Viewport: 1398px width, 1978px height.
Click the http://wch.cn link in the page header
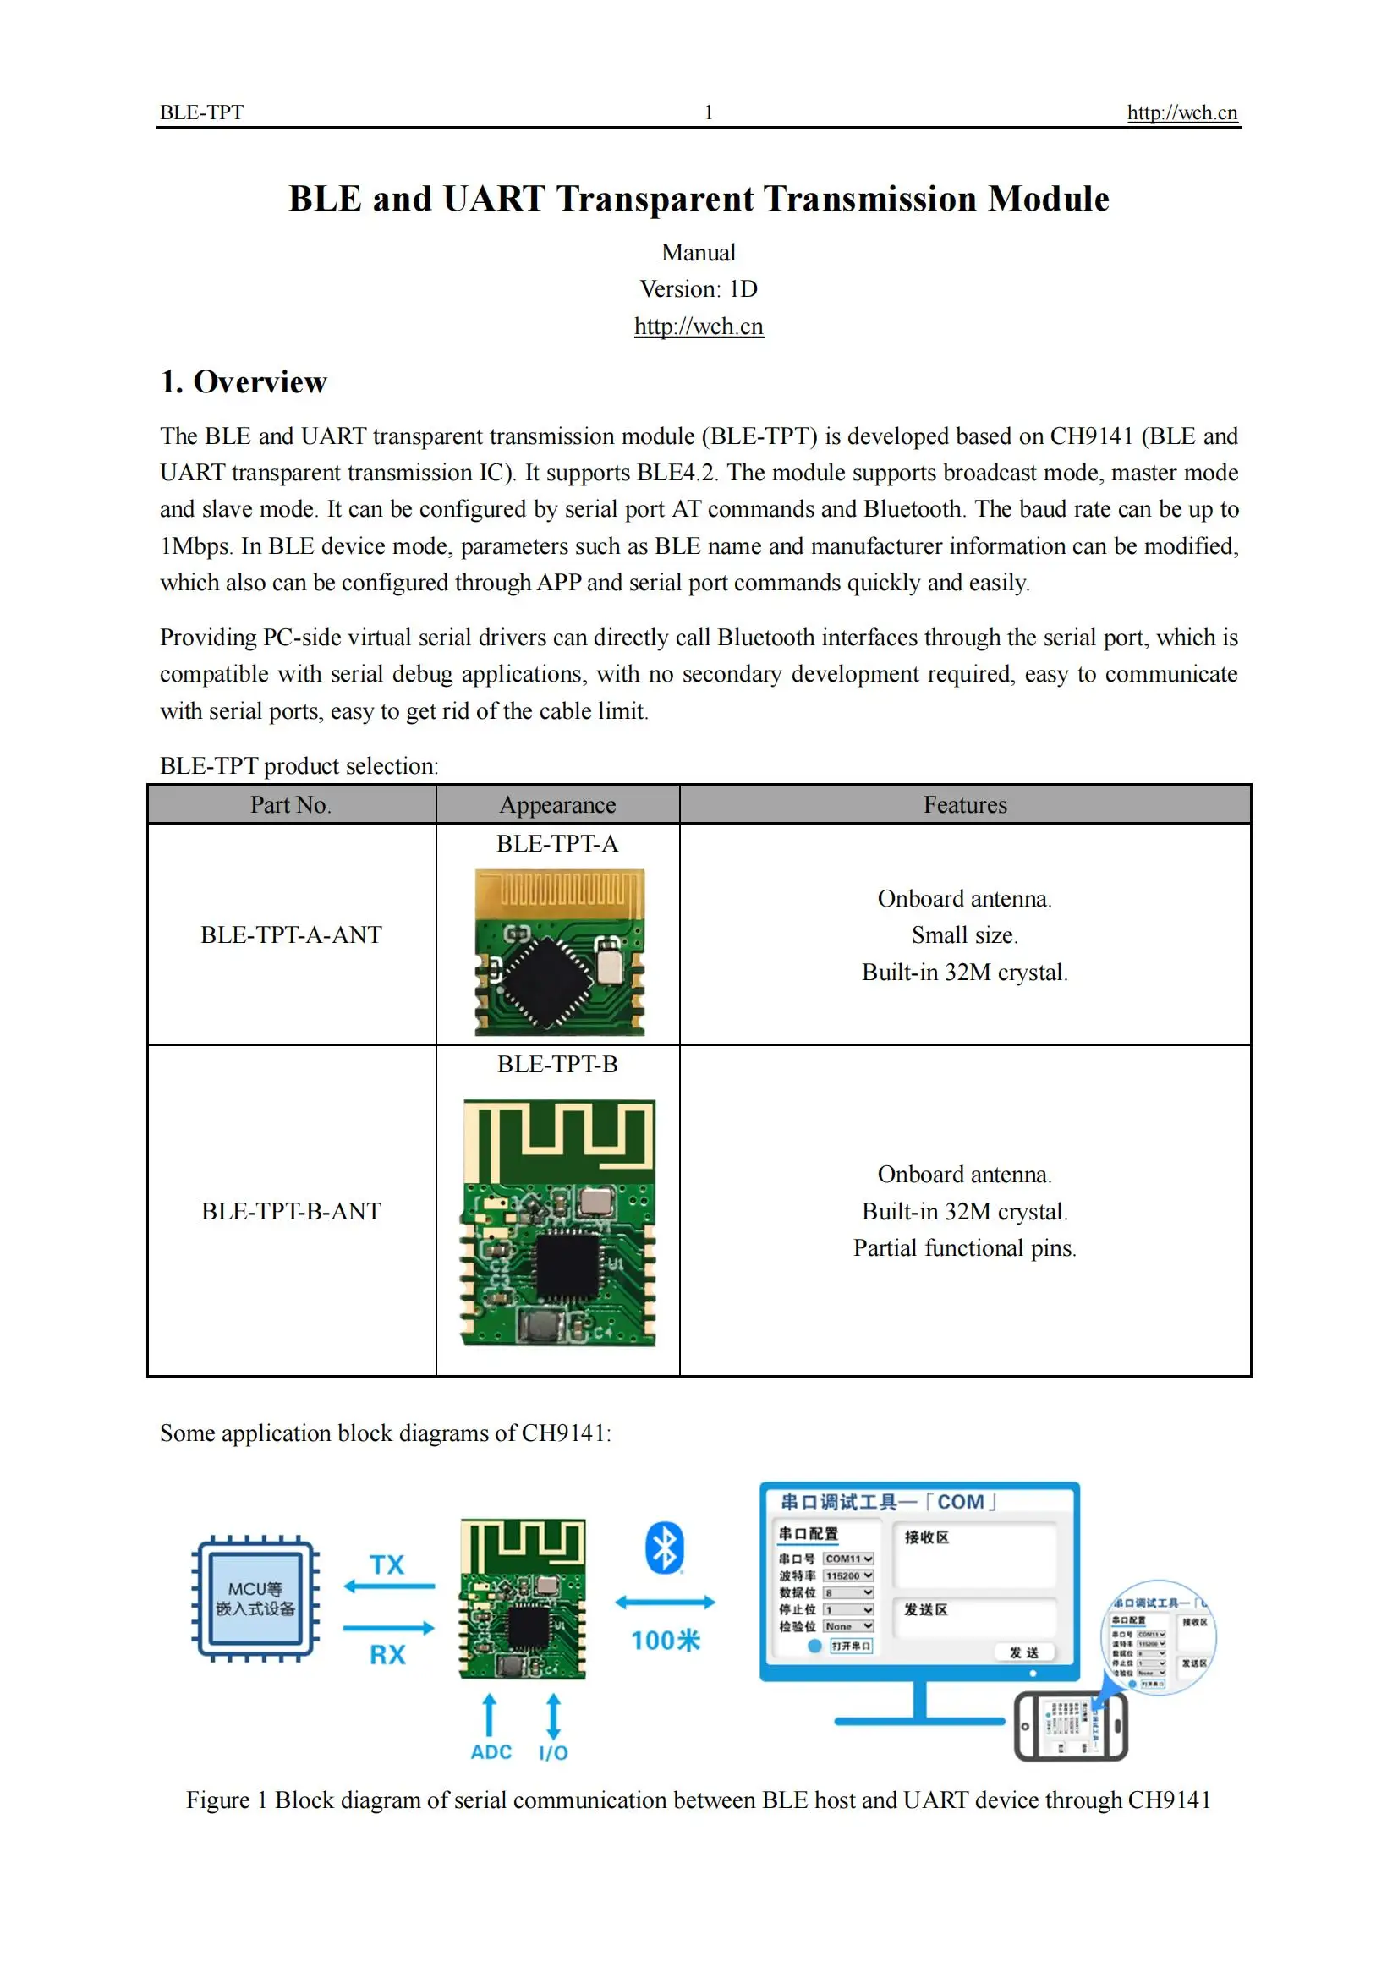pos(1181,112)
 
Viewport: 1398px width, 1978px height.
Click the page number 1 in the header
pos(708,112)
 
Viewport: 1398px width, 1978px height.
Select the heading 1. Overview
pos(244,381)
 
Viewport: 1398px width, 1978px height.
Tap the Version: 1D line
pos(699,288)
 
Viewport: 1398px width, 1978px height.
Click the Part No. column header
pos(291,804)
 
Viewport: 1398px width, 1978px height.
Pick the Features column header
pos(965,804)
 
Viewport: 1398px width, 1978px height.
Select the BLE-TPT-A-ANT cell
pos(291,934)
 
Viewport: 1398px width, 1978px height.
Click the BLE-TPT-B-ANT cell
pos(291,1211)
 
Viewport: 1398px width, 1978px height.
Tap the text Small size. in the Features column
pos(965,935)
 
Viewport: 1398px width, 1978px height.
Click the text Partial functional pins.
pos(965,1248)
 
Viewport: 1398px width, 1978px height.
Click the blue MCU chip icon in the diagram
pos(255,1598)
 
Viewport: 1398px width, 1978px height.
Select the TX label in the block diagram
pos(387,1564)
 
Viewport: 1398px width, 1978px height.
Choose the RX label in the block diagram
pos(387,1654)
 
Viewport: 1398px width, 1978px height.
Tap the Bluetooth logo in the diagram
pos(664,1548)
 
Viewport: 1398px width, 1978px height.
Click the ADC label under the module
pos(491,1752)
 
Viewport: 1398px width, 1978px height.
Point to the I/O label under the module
pos(553,1753)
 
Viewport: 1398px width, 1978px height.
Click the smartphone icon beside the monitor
pos(1070,1727)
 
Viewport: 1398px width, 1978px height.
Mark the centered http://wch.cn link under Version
pos(699,326)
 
